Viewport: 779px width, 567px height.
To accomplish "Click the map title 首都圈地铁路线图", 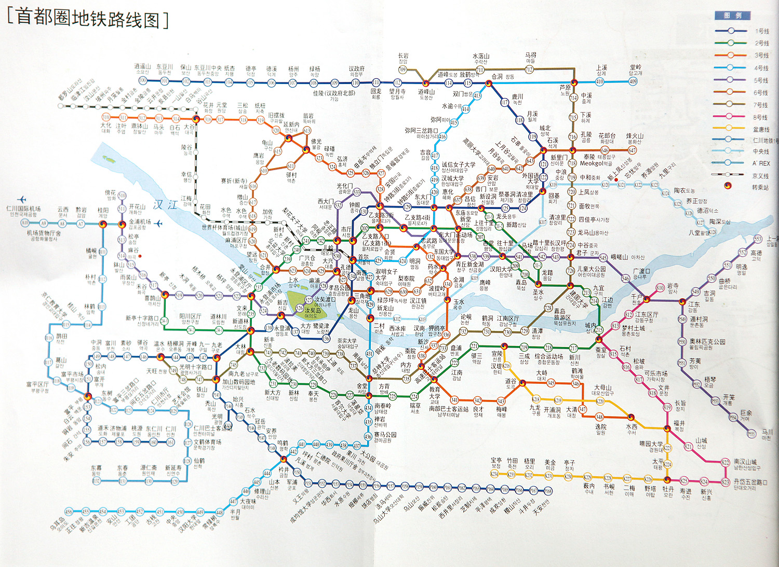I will (x=88, y=19).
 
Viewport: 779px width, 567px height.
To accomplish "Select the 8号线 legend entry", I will (x=761, y=117).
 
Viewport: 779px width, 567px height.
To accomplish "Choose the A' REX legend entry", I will (x=761, y=163).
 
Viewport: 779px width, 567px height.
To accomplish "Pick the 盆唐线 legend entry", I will (x=761, y=129).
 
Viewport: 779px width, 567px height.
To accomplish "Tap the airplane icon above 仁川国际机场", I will (x=21, y=200).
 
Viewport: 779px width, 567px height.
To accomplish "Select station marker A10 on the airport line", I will (x=24, y=224).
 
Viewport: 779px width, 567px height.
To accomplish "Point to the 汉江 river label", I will (x=166, y=205).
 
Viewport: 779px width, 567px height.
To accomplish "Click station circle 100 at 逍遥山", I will (x=143, y=81).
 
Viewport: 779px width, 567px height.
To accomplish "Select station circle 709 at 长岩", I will (x=402, y=70).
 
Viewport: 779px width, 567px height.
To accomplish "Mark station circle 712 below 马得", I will (x=529, y=69).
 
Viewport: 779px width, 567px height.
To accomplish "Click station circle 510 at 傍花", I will (x=122, y=196).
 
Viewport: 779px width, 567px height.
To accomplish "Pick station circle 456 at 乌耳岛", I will (x=71, y=511).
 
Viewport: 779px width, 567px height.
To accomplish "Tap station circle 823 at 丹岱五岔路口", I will (x=726, y=482).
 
